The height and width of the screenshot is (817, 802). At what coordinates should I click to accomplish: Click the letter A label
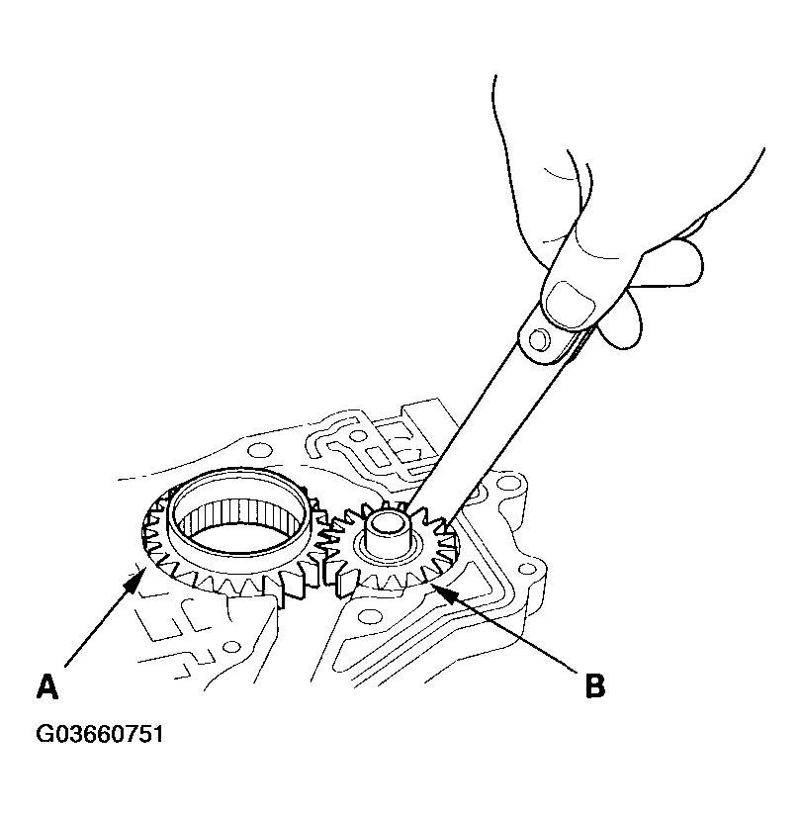(46, 685)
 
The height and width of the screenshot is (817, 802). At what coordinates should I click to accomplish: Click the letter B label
(594, 685)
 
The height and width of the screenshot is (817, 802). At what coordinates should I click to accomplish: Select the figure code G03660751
(100, 734)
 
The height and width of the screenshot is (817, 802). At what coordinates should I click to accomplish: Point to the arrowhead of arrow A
(135, 581)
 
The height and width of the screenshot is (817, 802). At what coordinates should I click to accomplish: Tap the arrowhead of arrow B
(441, 593)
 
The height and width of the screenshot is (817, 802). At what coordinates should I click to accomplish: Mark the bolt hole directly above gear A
(259, 449)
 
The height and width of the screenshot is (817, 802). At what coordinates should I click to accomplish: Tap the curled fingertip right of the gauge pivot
(620, 320)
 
